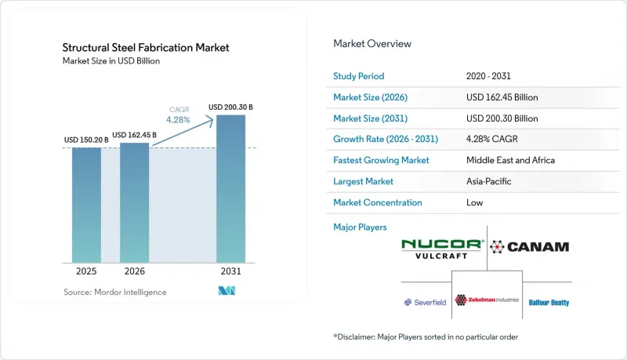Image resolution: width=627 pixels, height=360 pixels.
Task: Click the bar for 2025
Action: (86, 205)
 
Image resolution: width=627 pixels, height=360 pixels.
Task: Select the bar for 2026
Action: (134, 203)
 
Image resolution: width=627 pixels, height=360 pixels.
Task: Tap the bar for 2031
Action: (230, 189)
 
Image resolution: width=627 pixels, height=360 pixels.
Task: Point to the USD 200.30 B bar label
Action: (230, 107)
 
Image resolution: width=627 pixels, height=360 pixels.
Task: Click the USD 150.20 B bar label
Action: (86, 140)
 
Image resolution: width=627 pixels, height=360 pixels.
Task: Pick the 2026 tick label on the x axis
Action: (134, 271)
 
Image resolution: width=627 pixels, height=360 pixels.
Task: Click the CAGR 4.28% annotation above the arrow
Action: (179, 115)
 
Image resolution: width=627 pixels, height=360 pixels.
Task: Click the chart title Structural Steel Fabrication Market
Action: (146, 48)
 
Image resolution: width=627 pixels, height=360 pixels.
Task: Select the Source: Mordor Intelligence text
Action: (114, 292)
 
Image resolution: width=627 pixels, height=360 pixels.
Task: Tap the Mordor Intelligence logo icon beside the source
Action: (227, 291)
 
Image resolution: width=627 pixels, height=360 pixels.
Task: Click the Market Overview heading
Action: (372, 44)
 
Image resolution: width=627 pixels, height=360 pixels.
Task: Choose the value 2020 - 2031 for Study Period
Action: (488, 76)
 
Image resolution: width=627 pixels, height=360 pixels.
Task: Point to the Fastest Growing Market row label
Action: (381, 161)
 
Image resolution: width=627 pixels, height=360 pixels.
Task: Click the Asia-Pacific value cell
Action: (488, 181)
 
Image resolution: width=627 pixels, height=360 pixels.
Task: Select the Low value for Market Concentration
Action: (475, 202)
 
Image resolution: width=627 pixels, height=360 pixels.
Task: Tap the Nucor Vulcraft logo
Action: (442, 249)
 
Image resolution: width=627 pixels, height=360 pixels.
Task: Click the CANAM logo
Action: (530, 247)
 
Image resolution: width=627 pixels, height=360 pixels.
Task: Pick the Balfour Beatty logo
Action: (549, 303)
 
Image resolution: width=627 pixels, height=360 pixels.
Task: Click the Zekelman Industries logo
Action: (487, 300)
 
